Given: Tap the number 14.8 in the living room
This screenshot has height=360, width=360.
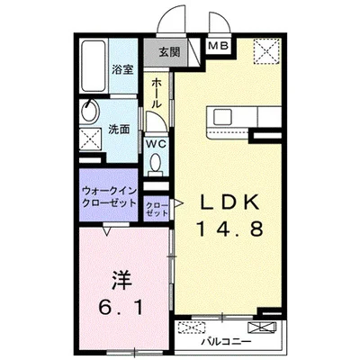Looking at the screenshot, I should click(x=229, y=229).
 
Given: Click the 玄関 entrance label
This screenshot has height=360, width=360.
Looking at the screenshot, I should click(x=169, y=52).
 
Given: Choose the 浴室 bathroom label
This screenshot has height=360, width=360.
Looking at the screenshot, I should click(x=122, y=67).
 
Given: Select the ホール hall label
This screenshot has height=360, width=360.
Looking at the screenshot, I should click(x=157, y=92).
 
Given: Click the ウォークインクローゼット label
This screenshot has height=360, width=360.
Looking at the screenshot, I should click(x=109, y=195).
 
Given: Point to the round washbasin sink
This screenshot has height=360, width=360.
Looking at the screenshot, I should click(x=90, y=114).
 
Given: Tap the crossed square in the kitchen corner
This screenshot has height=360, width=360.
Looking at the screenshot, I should click(x=266, y=51).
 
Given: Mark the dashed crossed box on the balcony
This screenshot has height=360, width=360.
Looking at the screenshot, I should click(x=190, y=327).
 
